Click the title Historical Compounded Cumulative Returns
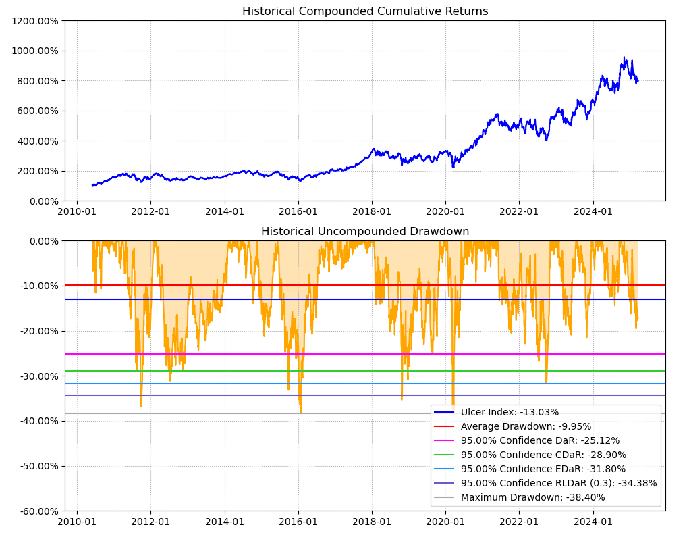pyautogui.click(x=365, y=11)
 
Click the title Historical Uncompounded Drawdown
pyautogui.click(x=365, y=232)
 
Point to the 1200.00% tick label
pyautogui.click(x=34, y=21)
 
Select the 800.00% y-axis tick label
pyautogui.click(x=37, y=81)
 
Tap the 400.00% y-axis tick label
pyautogui.click(x=37, y=141)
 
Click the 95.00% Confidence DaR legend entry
pyautogui.click(x=540, y=440)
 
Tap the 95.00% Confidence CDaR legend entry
pyautogui.click(x=543, y=455)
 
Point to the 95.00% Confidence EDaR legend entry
pyautogui.click(x=543, y=469)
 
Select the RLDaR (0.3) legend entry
pyautogui.click(x=559, y=483)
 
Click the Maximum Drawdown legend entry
pyautogui.click(x=532, y=497)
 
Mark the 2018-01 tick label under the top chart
pyautogui.click(x=372, y=211)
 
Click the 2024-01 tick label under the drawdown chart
pyautogui.click(x=593, y=521)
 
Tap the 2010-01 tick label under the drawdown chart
pyautogui.click(x=77, y=521)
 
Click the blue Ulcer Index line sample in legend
pyautogui.click(x=444, y=412)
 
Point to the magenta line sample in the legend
pyautogui.click(x=444, y=440)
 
